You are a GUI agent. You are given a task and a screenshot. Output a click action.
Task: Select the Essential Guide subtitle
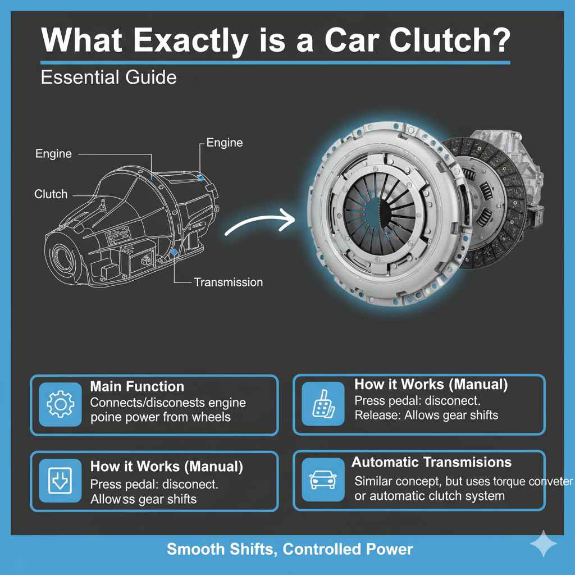pos(109,77)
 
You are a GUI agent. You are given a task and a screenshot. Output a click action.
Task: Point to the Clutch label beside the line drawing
pos(51,194)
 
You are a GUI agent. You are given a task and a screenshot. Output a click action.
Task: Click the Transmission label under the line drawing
pos(228,282)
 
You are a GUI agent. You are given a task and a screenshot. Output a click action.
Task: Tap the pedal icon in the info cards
pos(323,404)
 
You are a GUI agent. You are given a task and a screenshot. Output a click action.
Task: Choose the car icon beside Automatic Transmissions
pos(323,479)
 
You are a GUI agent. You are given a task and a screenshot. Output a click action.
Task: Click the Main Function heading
pos(137,387)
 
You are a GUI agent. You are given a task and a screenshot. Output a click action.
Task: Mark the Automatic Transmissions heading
pos(431,463)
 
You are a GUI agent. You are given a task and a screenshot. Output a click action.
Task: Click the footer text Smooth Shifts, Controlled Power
pos(290,549)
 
